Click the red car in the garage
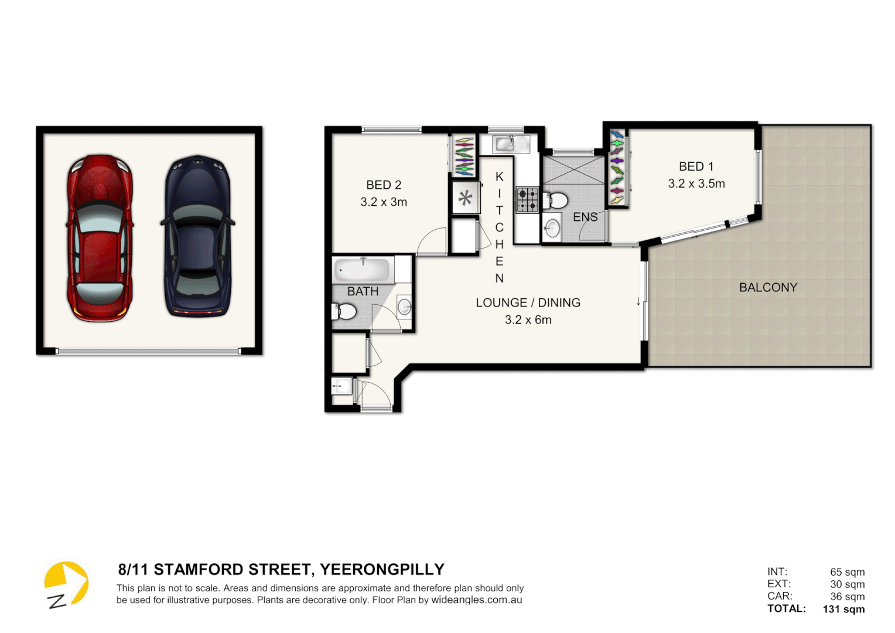(100, 238)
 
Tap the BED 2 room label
(384, 185)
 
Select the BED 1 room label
(696, 166)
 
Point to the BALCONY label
(768, 287)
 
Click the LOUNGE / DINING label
(528, 302)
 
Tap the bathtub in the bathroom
(362, 270)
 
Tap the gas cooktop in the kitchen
(527, 199)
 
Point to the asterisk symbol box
(465, 198)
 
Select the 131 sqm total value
(843, 609)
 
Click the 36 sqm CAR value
(847, 597)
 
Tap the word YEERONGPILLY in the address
(382, 570)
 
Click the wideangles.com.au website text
(476, 600)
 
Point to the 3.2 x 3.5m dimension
(696, 183)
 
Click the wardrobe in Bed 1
(617, 168)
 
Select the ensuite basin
(552, 229)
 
